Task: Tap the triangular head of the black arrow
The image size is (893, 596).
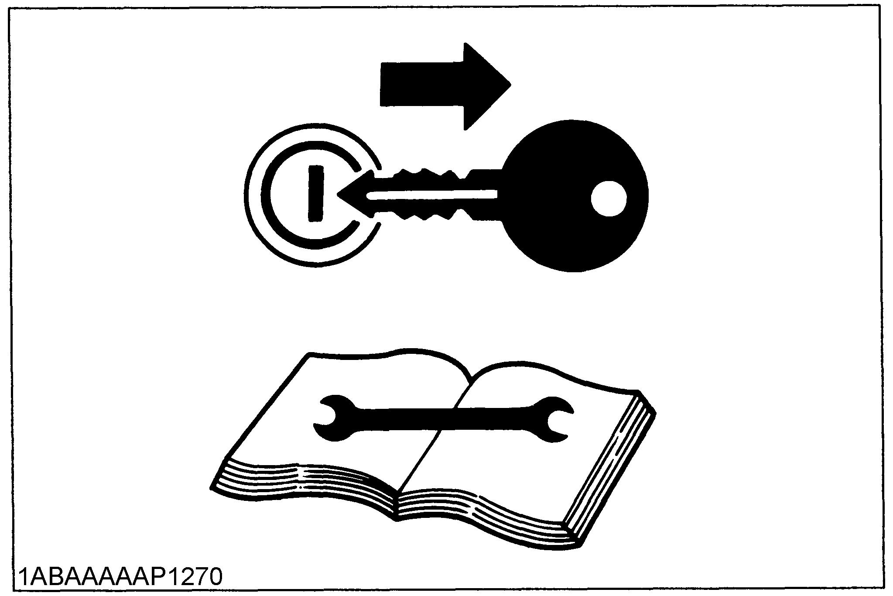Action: [x=484, y=85]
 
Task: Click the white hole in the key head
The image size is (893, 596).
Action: [x=608, y=199]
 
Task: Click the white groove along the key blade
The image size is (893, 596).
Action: [x=432, y=195]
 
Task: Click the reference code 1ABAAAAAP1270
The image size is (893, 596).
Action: [x=120, y=577]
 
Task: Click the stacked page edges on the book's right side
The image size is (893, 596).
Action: [x=611, y=471]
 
